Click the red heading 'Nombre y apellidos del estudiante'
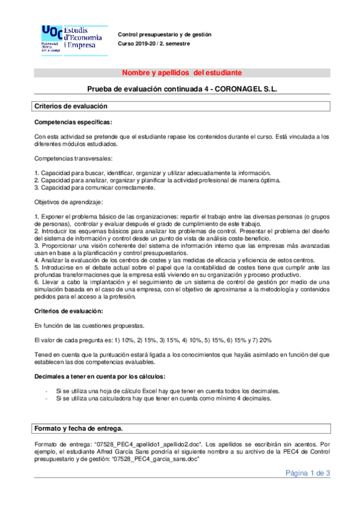tap(182, 73)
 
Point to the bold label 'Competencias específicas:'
tap(73, 122)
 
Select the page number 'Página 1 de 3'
tap(308, 473)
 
